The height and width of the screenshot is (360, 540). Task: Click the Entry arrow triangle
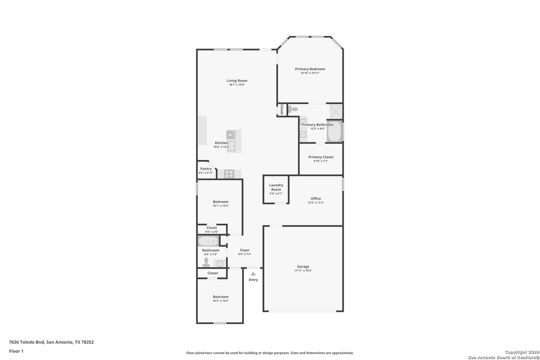click(253, 274)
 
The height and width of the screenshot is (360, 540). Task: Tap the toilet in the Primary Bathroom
click(293, 109)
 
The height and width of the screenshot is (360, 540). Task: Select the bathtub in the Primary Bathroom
click(335, 131)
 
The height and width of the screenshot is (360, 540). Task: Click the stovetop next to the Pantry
click(229, 174)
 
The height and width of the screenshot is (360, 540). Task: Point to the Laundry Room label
click(276, 187)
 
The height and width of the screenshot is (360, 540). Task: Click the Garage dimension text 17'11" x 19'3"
click(303, 271)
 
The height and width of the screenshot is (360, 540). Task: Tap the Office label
click(316, 198)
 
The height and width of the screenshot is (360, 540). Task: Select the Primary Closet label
click(321, 157)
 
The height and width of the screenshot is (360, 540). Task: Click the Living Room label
click(237, 81)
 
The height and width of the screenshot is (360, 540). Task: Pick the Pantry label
click(206, 169)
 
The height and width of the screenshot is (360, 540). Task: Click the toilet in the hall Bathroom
click(206, 262)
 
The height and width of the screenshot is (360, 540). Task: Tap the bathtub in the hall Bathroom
click(208, 241)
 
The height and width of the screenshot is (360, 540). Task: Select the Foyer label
click(245, 250)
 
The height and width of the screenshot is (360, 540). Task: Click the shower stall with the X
click(336, 111)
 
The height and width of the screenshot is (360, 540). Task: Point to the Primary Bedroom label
click(310, 69)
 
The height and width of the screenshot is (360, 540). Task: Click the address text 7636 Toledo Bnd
click(27, 342)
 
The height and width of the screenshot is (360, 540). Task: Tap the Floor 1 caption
click(16, 351)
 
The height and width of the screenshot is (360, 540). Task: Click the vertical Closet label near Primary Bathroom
click(282, 109)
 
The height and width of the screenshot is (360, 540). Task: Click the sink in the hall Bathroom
click(220, 264)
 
